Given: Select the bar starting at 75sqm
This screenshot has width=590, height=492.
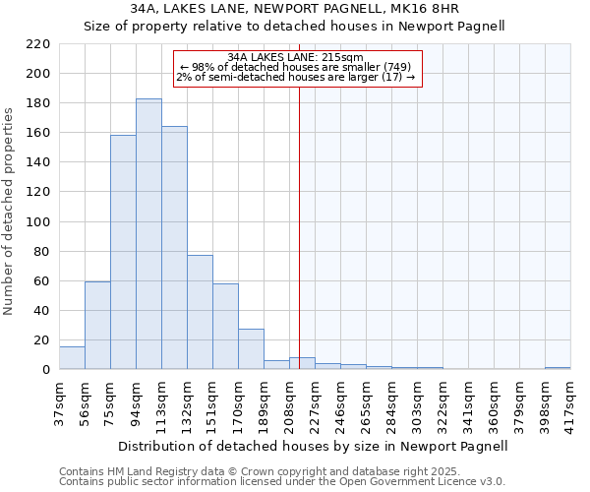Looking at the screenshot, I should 123,252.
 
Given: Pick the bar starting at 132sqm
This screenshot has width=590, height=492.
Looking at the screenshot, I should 200,312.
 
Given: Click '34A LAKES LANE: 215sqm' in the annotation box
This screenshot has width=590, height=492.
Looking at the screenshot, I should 295,57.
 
